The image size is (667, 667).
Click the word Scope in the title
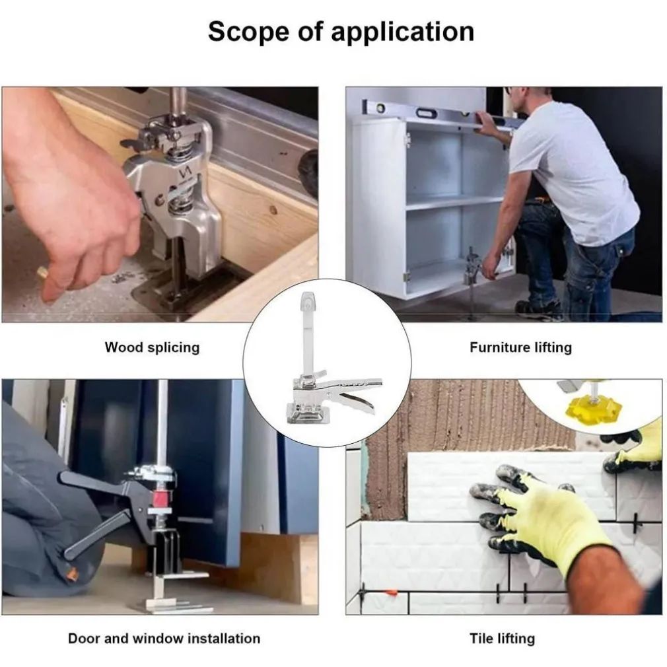point(248,31)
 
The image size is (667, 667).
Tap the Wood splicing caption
point(152,347)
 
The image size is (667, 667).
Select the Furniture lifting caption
point(520,347)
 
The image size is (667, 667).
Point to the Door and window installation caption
point(164,639)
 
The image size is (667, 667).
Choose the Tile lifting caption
point(503,639)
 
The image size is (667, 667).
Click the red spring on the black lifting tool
point(159,498)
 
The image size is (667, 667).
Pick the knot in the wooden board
point(273,210)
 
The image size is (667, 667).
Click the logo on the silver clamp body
point(186,173)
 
